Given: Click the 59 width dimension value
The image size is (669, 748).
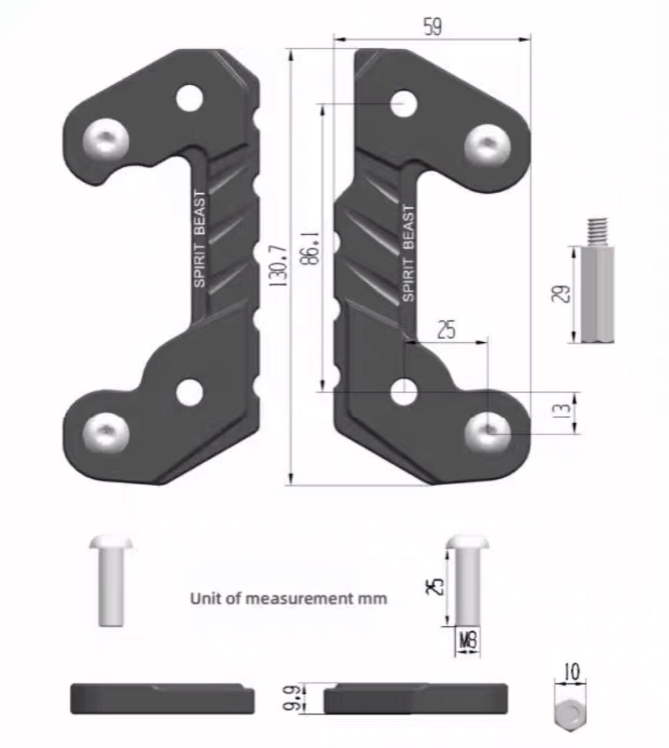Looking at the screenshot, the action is [432, 27].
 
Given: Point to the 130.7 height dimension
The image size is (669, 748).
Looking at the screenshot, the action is [279, 266].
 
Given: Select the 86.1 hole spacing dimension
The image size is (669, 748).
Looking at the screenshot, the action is [310, 249].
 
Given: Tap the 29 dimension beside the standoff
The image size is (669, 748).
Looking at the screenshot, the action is [561, 294].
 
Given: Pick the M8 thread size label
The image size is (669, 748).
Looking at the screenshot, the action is [468, 641].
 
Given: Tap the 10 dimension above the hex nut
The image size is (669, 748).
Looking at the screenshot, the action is [571, 671].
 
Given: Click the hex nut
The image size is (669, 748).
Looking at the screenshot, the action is [570, 711].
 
